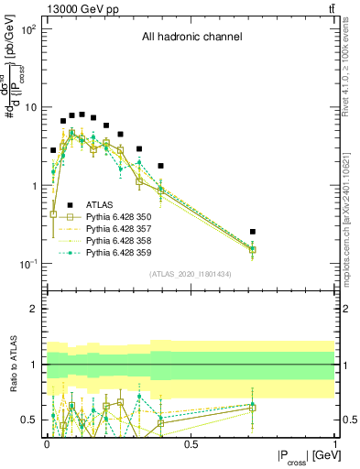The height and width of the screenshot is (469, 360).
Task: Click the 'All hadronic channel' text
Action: (191, 38)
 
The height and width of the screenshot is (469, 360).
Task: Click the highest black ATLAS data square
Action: (82, 115)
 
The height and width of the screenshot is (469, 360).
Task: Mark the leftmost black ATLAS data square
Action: (53, 149)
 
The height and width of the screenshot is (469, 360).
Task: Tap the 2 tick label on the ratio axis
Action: (35, 309)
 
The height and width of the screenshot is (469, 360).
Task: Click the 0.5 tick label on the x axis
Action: (191, 444)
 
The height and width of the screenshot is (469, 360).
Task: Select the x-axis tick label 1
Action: (334, 444)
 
